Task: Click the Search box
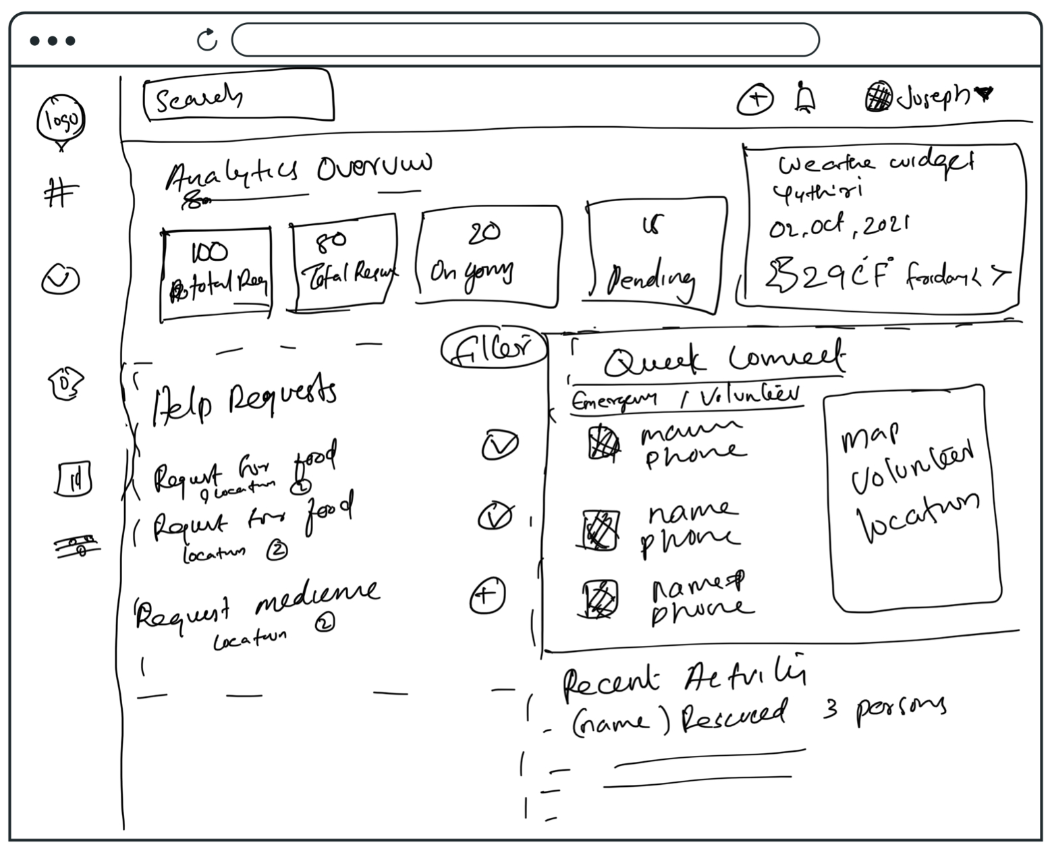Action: [238, 97]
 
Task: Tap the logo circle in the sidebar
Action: [61, 120]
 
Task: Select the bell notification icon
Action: [804, 98]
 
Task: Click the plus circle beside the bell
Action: [755, 99]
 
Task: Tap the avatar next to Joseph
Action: [879, 96]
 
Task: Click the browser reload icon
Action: [207, 40]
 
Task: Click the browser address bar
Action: [525, 40]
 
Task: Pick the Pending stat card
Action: [653, 255]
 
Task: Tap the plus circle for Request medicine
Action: [487, 595]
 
